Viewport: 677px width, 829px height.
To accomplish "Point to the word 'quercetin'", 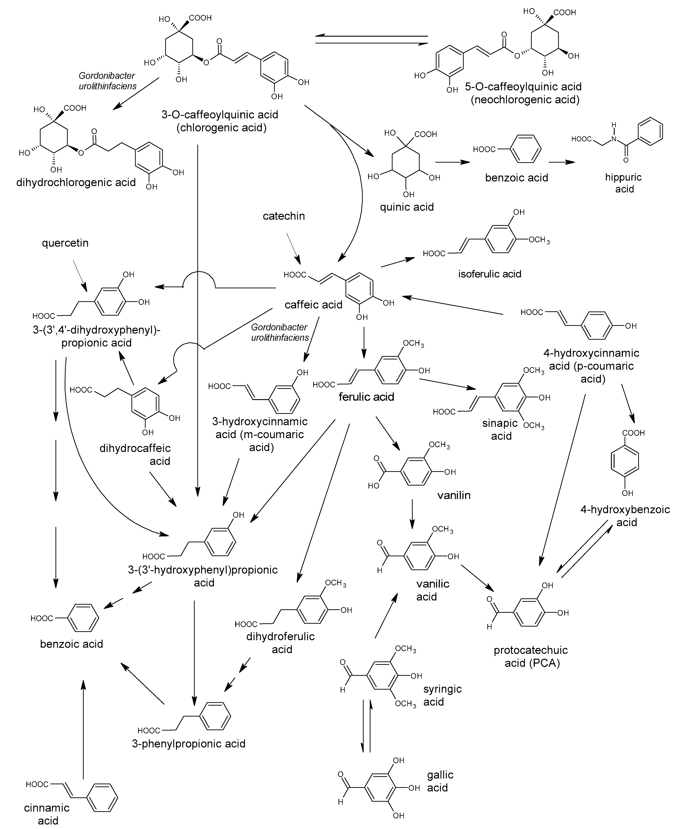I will (65, 243).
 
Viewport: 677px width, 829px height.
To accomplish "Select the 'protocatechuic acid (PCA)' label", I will (531, 657).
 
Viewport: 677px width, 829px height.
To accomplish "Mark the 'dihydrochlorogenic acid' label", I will (76, 183).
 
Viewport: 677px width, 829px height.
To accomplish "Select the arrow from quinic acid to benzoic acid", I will (452, 162).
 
